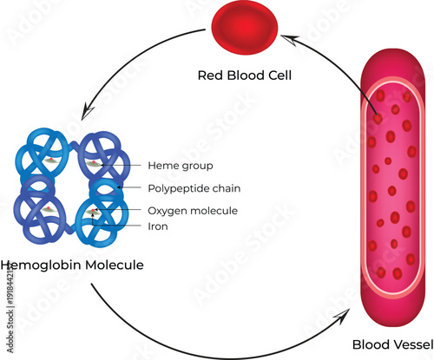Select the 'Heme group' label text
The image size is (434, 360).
coord(181,165)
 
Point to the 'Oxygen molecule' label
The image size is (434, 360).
coord(193,211)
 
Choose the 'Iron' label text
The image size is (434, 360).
coord(158,226)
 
